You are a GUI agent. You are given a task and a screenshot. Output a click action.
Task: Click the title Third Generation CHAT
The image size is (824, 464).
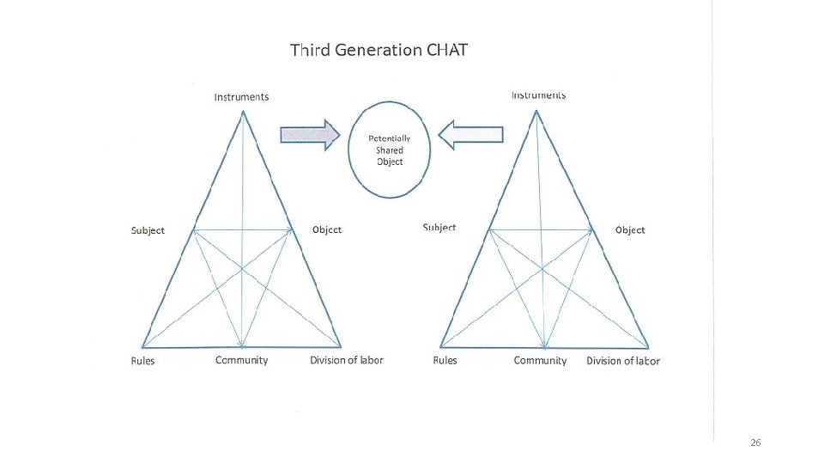tap(379, 50)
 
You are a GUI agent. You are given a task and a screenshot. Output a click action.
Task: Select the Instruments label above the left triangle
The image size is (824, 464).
tap(241, 97)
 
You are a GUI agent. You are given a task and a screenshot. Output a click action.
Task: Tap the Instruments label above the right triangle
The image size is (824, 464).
tap(538, 95)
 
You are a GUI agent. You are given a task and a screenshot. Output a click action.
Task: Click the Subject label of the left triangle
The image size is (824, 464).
tap(148, 230)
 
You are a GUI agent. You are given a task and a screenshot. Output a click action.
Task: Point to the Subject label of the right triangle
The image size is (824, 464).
tap(439, 228)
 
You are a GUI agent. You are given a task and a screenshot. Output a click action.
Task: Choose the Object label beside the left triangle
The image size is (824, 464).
tap(327, 229)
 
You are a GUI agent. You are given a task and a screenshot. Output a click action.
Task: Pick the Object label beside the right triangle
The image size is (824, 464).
tap(630, 230)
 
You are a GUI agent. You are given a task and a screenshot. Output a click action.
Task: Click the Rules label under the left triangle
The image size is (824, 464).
tap(142, 361)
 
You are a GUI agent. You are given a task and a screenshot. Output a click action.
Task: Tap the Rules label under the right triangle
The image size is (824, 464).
tap(445, 361)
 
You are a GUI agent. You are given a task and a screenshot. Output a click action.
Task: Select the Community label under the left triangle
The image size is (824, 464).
tap(241, 360)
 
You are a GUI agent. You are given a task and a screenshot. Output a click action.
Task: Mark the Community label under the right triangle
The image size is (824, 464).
tap(540, 361)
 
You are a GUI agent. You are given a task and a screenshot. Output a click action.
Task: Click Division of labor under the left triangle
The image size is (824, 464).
tap(347, 360)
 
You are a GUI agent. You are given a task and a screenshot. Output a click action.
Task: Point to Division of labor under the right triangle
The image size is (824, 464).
tap(623, 361)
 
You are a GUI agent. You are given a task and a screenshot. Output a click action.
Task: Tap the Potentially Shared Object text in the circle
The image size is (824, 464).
tap(390, 150)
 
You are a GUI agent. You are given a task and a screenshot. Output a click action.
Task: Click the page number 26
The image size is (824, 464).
tap(755, 443)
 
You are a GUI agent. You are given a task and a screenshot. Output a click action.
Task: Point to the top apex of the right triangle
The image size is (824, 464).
tap(537, 111)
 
